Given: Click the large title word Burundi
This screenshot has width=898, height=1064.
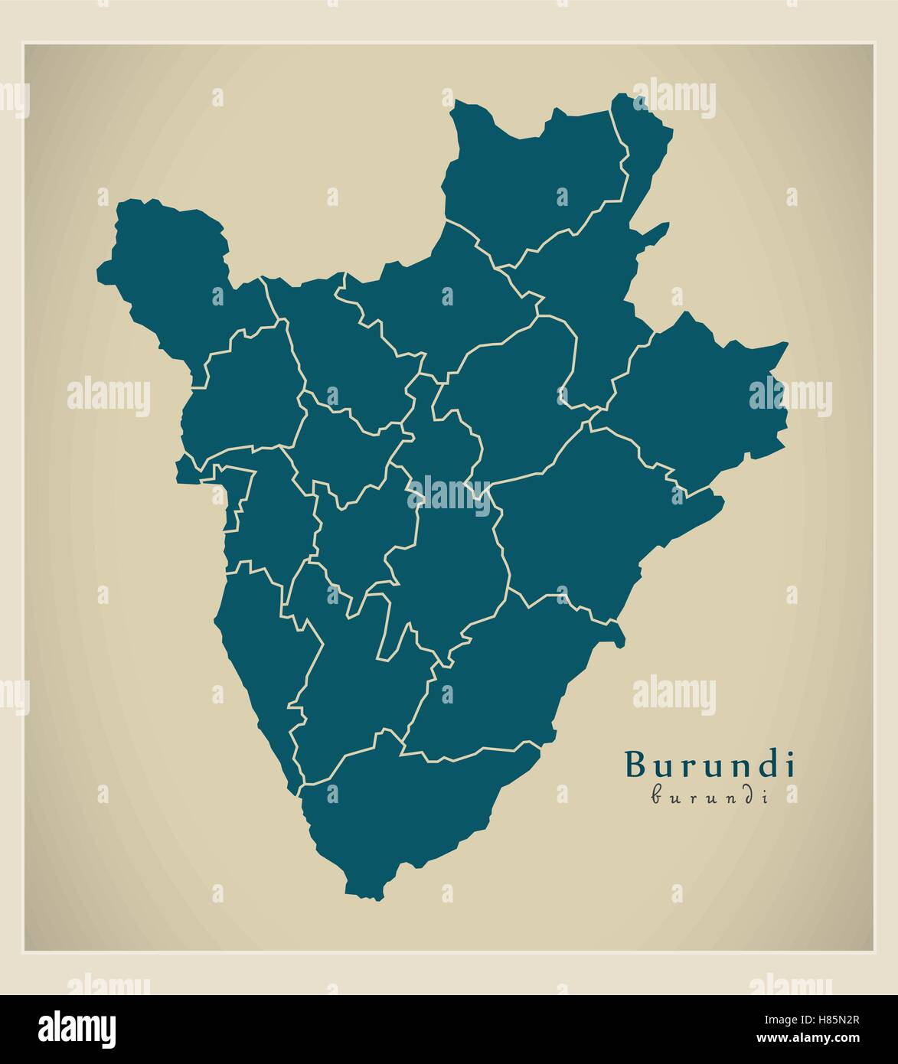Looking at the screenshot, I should pos(710,764).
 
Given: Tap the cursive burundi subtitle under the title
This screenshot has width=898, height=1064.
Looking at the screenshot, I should pos(710,796).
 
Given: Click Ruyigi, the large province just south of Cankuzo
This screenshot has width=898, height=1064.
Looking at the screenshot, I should pos(582,528).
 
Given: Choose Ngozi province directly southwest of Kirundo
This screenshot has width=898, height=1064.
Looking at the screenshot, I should pos(436,306).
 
